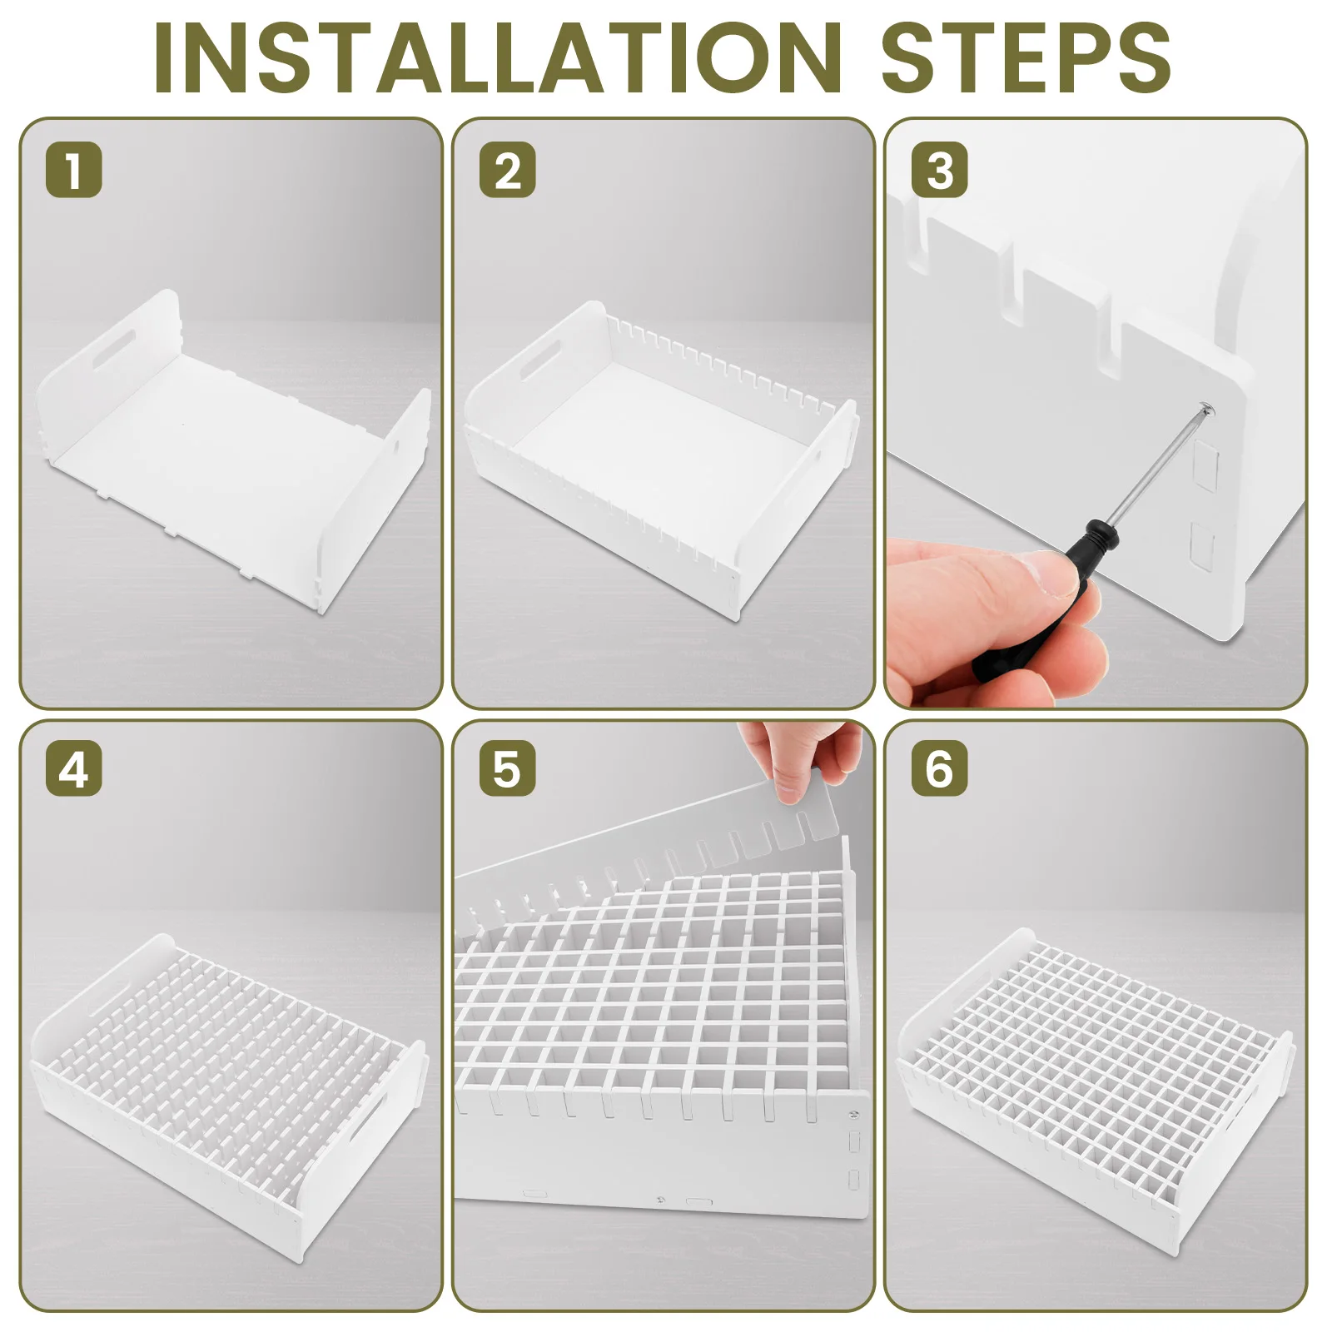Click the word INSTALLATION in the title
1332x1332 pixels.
(498, 57)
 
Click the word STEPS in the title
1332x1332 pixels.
(1026, 57)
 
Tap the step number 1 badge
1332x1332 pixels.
(74, 170)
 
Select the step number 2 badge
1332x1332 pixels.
(507, 170)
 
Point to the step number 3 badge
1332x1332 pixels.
(940, 170)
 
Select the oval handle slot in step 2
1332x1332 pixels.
(539, 359)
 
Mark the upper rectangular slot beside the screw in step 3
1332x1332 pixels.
(1205, 463)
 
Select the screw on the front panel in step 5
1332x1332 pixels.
(853, 1113)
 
